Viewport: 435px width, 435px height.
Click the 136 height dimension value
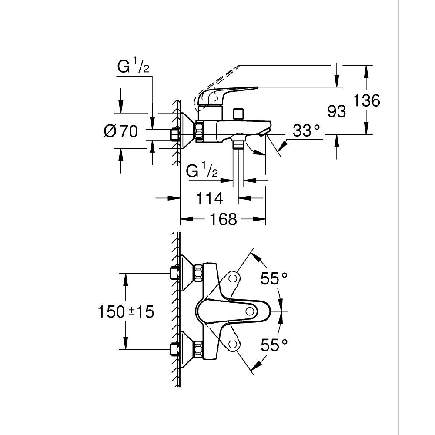point(365,100)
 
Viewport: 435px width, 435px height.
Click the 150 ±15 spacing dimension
point(126,311)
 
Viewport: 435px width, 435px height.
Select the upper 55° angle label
point(274,278)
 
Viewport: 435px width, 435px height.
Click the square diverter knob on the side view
point(238,114)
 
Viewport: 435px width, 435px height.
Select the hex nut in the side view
point(199,131)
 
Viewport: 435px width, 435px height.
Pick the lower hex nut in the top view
point(199,349)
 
